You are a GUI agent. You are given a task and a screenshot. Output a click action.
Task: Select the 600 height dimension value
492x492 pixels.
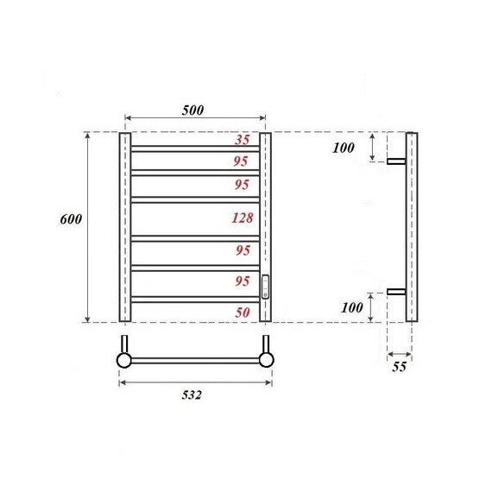coord(71,219)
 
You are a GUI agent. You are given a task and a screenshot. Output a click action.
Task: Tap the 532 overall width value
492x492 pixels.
coord(192,395)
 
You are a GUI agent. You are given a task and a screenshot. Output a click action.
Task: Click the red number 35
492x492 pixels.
coord(243,139)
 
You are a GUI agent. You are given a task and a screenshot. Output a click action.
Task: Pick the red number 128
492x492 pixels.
coord(243,218)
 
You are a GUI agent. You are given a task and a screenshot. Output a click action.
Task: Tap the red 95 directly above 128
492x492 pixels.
coord(243,184)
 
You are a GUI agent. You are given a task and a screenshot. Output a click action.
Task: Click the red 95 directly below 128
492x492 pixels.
coord(243,250)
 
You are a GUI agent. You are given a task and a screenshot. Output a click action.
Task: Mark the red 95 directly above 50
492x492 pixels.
coord(243,281)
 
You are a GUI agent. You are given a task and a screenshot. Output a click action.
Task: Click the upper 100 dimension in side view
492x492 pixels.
coord(344,148)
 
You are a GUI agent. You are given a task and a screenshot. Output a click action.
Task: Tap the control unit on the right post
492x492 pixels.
coord(266,286)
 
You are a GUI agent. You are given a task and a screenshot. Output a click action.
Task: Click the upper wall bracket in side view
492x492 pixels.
coord(396,161)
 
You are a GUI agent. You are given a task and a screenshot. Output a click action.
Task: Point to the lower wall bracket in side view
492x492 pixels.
coord(396,292)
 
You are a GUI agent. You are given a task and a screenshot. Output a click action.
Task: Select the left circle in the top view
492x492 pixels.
coord(124,359)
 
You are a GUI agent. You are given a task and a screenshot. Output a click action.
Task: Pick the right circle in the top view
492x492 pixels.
coord(267,359)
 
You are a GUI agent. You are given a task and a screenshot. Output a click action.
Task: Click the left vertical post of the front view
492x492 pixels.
coord(125,227)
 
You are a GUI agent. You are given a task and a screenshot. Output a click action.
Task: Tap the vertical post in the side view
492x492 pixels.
coord(412,227)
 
